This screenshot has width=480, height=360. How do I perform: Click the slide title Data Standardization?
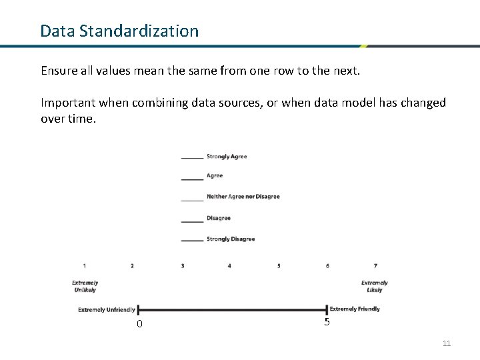(x=119, y=31)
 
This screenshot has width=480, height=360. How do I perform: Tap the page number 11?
(x=447, y=343)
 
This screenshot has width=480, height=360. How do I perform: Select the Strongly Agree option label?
(x=227, y=157)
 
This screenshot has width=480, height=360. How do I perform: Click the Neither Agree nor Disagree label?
(x=243, y=197)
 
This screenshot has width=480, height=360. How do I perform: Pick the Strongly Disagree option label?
(x=231, y=239)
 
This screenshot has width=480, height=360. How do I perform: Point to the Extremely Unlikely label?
(x=85, y=286)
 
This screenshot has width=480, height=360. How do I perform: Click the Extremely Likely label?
(x=374, y=286)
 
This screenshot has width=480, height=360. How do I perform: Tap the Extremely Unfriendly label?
(x=107, y=309)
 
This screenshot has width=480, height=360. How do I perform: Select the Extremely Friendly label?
(x=355, y=309)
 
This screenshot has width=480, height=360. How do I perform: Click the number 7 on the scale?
(x=375, y=266)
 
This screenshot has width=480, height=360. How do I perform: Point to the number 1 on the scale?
(x=85, y=266)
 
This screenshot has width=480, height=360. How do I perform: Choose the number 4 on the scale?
(x=229, y=266)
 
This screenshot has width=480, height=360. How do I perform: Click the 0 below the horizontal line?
(x=139, y=324)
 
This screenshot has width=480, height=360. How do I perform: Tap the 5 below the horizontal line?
(x=327, y=322)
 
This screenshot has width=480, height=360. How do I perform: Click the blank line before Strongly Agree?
(x=192, y=158)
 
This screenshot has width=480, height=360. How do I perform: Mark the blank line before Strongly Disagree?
(x=192, y=240)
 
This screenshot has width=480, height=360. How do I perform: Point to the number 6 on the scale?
(x=327, y=266)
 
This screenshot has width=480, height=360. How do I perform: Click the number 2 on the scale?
(x=132, y=266)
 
